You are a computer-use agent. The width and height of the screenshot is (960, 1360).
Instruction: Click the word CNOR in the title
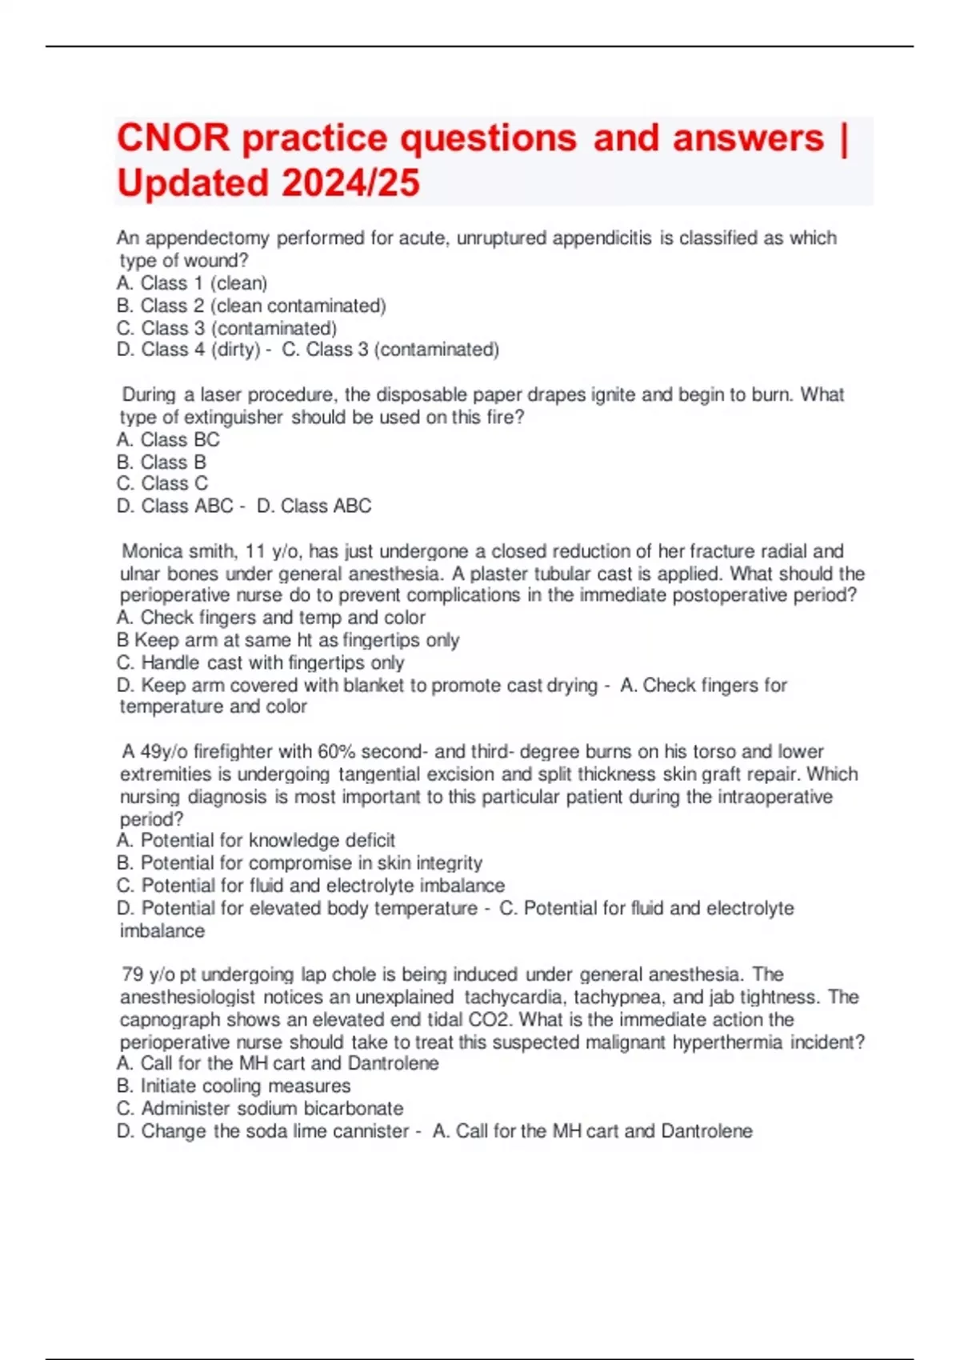(x=173, y=138)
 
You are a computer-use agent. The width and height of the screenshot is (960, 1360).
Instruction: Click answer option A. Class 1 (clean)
(x=192, y=283)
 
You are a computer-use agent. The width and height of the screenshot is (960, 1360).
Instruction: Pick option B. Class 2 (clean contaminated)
(x=251, y=306)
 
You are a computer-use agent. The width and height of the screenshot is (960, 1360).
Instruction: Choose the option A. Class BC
(x=168, y=440)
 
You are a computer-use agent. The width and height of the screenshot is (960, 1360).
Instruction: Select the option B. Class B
(x=162, y=462)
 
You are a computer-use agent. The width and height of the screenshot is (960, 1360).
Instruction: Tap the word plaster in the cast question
(x=499, y=574)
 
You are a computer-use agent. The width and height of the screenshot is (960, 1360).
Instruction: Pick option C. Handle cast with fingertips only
(x=260, y=662)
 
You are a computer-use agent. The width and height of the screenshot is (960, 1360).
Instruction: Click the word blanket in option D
(x=372, y=685)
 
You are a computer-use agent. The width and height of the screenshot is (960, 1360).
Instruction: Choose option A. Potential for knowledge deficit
(x=256, y=841)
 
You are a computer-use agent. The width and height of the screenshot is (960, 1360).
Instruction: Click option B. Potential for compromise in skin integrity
(x=299, y=863)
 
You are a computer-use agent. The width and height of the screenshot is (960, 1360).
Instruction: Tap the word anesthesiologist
(x=188, y=998)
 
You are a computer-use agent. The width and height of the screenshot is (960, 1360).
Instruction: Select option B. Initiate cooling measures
(x=234, y=1086)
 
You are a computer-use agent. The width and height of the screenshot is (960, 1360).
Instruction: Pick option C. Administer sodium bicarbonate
(x=260, y=1109)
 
